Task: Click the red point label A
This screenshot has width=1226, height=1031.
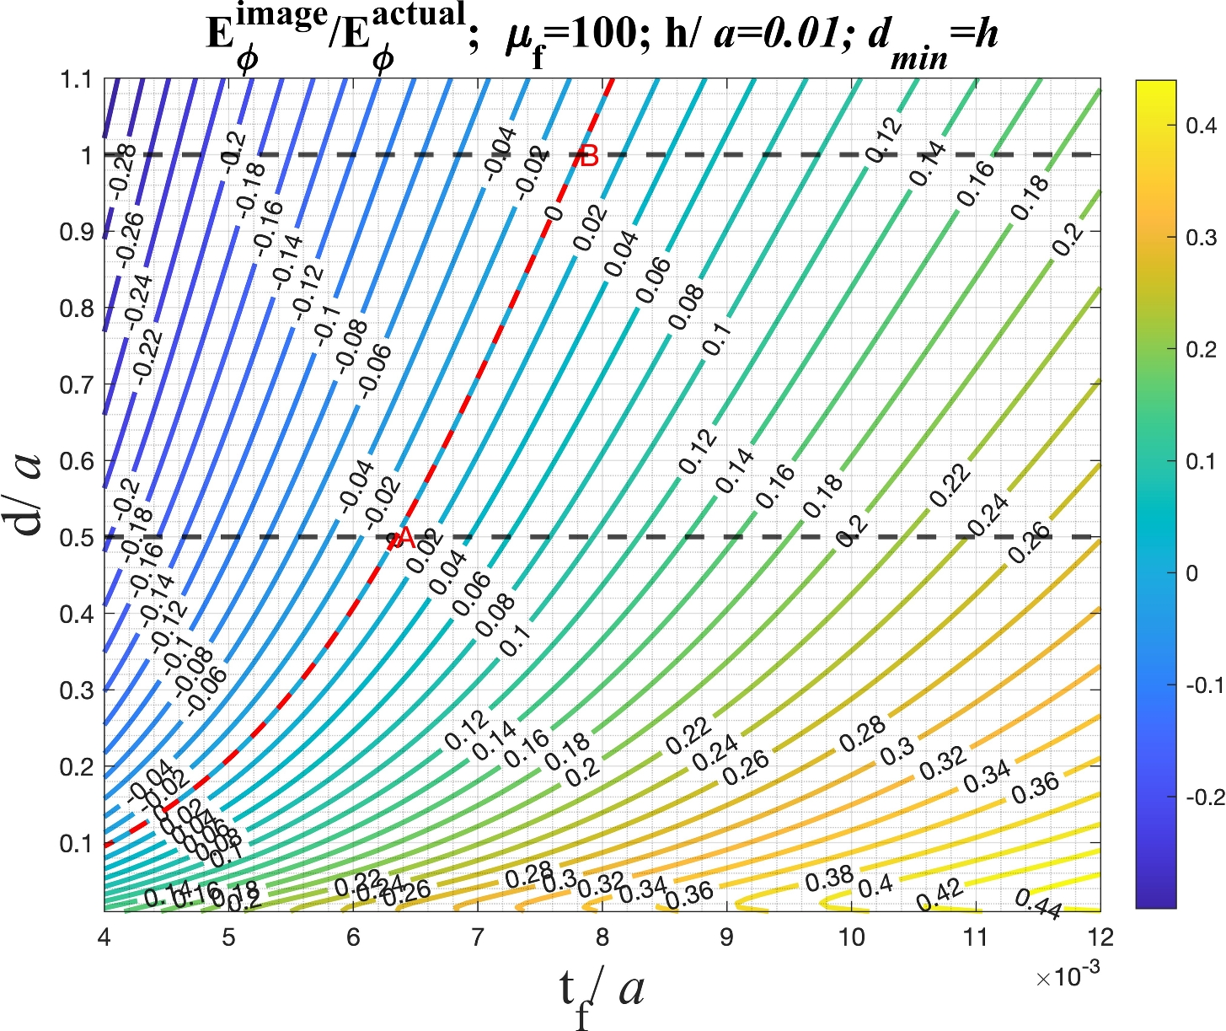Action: [404, 538]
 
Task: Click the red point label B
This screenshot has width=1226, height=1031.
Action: [589, 156]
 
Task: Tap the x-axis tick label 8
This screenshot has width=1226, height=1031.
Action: [602, 937]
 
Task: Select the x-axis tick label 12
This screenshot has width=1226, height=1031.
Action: [1100, 937]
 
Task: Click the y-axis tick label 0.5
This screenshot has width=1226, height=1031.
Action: [77, 538]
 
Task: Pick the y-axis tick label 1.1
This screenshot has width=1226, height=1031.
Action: [77, 79]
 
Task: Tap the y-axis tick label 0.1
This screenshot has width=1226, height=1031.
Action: [77, 844]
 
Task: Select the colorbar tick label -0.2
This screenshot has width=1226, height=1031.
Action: [1204, 797]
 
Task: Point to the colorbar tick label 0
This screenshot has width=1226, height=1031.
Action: [1191, 573]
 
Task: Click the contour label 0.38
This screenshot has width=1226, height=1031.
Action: [829, 878]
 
